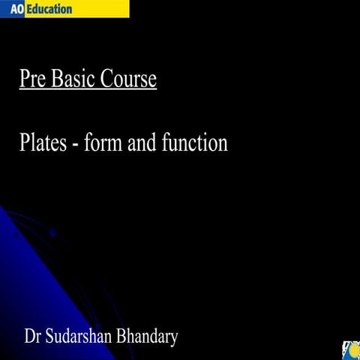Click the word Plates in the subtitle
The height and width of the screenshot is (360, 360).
pyautogui.click(x=43, y=142)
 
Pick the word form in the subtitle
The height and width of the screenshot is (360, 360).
pyautogui.click(x=102, y=142)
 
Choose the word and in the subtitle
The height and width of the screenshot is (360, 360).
pyautogui.click(x=141, y=142)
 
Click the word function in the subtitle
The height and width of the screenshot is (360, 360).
pyautogui.click(x=194, y=142)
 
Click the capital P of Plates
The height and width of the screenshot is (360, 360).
pyautogui.click(x=25, y=142)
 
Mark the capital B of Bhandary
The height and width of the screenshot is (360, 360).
pyautogui.click(x=121, y=336)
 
